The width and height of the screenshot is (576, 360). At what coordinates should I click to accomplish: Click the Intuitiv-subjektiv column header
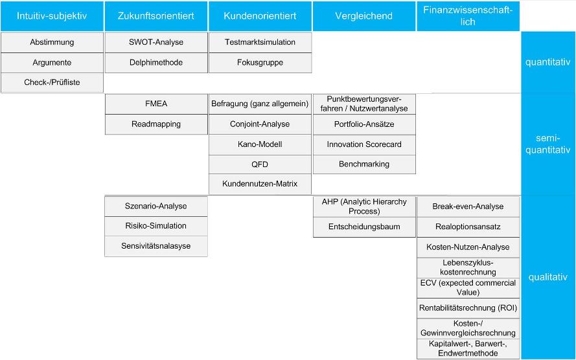(x=52, y=16)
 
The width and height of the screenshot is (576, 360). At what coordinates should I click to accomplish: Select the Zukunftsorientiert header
(x=156, y=16)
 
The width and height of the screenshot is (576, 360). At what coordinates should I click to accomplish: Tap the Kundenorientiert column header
(x=260, y=16)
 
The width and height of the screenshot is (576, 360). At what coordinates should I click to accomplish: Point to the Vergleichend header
(x=364, y=16)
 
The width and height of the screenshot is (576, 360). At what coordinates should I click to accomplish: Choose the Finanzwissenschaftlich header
(x=468, y=16)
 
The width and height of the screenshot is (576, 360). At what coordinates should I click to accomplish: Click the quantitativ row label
(x=547, y=62)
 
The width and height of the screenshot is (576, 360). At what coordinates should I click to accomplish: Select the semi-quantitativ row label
(x=547, y=144)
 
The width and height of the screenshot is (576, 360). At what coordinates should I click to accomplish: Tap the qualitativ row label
(x=547, y=277)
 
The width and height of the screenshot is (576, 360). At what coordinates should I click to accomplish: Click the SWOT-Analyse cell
(x=156, y=42)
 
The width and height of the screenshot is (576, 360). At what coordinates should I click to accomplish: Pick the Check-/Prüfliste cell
(x=52, y=83)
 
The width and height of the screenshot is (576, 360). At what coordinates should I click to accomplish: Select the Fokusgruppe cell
(x=260, y=63)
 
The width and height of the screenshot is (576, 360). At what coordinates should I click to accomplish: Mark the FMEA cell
(x=156, y=104)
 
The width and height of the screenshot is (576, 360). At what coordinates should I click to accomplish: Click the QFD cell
(x=260, y=164)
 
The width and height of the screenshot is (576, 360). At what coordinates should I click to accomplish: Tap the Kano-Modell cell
(x=260, y=144)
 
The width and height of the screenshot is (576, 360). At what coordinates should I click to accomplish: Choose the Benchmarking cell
(x=364, y=164)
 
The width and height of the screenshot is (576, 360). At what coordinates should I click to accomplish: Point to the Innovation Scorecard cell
(x=364, y=144)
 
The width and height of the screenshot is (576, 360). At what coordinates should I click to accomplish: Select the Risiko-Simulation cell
(x=156, y=226)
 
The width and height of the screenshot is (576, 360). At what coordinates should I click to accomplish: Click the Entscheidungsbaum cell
(x=364, y=227)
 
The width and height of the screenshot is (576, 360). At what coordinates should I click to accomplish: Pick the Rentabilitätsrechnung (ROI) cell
(x=468, y=308)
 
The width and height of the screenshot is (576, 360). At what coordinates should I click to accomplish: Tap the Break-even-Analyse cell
(x=468, y=207)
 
